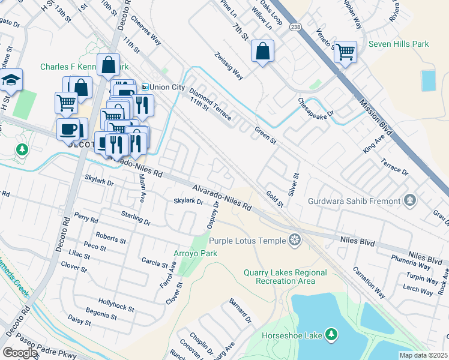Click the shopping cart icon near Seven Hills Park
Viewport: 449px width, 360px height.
click(345, 52)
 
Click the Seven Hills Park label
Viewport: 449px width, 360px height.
click(399, 44)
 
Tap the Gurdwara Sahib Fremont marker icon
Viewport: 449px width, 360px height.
click(411, 200)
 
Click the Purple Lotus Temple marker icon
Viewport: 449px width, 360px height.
click(294, 241)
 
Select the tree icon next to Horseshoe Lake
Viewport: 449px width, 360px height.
click(331, 335)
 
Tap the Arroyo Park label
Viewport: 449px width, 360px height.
click(195, 253)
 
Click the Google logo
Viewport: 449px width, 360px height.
click(20, 353)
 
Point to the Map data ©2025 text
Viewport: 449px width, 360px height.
click(423, 355)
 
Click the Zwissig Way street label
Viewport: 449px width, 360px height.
click(229, 66)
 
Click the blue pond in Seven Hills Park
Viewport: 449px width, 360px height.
click(428, 80)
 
